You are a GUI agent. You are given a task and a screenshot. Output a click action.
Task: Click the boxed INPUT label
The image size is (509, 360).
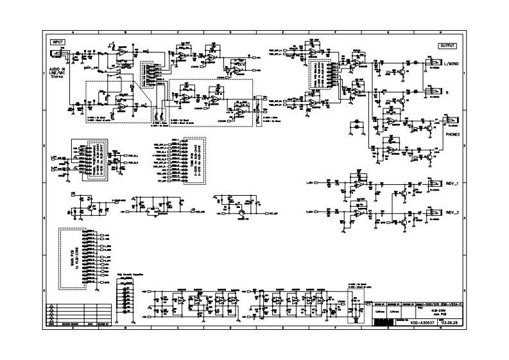[58, 41]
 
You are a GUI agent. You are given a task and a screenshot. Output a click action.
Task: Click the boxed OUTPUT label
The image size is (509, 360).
[448, 46]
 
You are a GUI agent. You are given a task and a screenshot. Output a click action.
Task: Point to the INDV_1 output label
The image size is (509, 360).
[454, 184]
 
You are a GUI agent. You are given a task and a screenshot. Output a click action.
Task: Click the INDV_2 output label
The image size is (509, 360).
[454, 212]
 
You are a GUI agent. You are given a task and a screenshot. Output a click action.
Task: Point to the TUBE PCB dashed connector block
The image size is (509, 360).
[194, 160]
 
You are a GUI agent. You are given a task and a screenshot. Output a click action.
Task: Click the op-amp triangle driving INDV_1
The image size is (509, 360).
[357, 185]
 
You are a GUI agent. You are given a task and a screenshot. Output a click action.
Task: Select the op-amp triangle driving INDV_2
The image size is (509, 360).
[357, 214]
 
